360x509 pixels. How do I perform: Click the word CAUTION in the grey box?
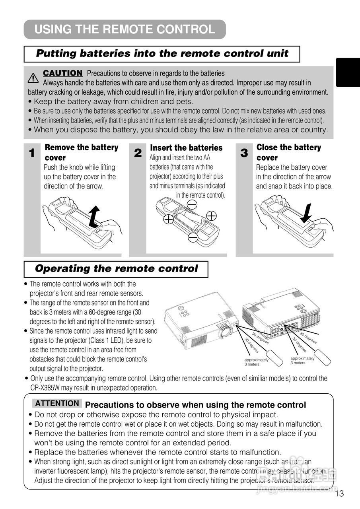coord(63,73)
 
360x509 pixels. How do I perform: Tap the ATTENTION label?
coord(57,403)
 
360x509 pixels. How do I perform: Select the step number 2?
coord(138,153)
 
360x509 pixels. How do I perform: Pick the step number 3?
coord(244,153)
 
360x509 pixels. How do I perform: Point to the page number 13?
coord(339,494)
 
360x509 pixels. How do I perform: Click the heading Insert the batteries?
coord(186,148)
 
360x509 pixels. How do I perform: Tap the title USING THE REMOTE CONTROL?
coord(125,29)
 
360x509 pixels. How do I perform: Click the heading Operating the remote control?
coord(116,268)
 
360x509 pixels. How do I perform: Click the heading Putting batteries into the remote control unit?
coord(162,54)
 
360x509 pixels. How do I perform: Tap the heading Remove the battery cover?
coord(81,152)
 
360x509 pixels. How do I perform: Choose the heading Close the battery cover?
coord(288,152)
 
